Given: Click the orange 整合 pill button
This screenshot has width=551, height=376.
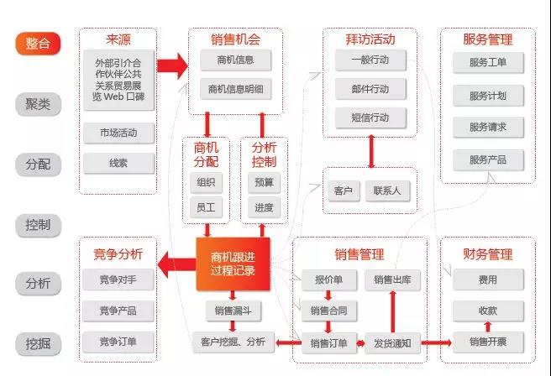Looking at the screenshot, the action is pyautogui.click(x=38, y=44).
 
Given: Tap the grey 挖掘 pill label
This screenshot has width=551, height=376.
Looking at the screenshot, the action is pyautogui.click(x=38, y=344).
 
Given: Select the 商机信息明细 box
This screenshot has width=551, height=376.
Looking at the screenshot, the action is pyautogui.click(x=235, y=89).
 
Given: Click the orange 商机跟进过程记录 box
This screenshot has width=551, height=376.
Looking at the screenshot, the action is pyautogui.click(x=233, y=264).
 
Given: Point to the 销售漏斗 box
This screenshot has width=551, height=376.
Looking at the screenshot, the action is pyautogui.click(x=233, y=311).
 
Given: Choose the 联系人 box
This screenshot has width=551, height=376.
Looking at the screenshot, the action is pyautogui.click(x=387, y=191).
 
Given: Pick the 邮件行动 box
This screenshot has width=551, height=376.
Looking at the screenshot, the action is pyautogui.click(x=370, y=89).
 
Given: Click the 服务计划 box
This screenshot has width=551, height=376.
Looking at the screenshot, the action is pyautogui.click(x=488, y=96).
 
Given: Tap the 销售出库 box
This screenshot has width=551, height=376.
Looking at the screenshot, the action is pyautogui.click(x=392, y=279).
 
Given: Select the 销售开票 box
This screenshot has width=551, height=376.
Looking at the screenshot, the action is pyautogui.click(x=488, y=342).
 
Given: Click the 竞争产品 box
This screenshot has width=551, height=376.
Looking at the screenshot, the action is pyautogui.click(x=118, y=311).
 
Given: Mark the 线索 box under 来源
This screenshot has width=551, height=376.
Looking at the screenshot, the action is pyautogui.click(x=118, y=164).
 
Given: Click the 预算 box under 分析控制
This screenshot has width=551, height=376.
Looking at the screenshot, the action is pyautogui.click(x=264, y=183).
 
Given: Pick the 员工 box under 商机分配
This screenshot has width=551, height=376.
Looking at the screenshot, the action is pyautogui.click(x=206, y=207).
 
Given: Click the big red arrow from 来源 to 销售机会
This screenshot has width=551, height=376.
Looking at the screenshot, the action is pyautogui.click(x=172, y=65).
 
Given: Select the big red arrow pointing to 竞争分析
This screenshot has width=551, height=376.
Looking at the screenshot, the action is pyautogui.click(x=176, y=264).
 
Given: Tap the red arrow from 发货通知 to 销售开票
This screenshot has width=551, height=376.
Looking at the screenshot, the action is pyautogui.click(x=437, y=342).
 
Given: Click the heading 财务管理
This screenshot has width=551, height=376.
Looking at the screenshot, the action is pyautogui.click(x=488, y=254).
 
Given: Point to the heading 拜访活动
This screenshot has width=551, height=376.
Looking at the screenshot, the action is pyautogui.click(x=370, y=39).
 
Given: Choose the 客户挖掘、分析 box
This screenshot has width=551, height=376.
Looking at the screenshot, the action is pyautogui.click(x=233, y=342).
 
